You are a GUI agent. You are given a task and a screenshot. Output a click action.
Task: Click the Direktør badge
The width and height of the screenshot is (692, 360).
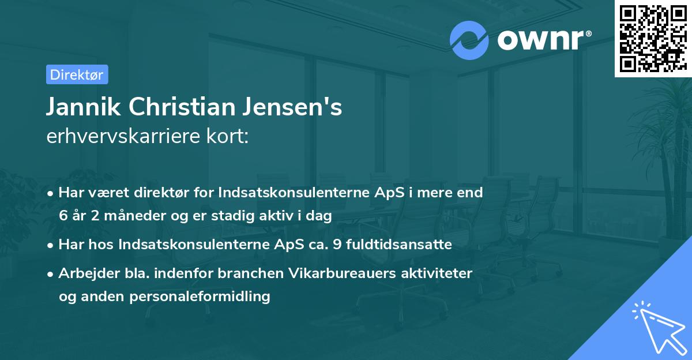point(76,74)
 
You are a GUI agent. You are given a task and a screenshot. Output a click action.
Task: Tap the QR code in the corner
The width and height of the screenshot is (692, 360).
point(653,38)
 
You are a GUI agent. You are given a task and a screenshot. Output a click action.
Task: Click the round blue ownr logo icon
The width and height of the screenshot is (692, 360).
point(469,40)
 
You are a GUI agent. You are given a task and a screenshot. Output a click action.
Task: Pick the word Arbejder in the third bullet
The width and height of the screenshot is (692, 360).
point(84,273)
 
